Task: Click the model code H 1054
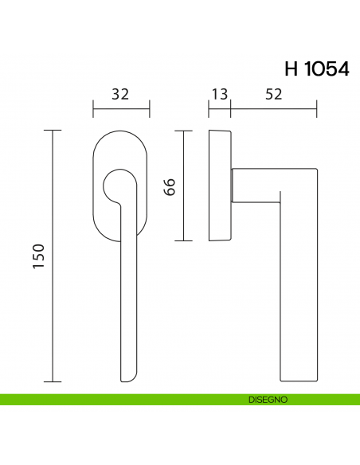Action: (x=316, y=68)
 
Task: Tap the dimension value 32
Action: (x=121, y=94)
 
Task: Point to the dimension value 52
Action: (x=273, y=94)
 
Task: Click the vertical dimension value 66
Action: (x=169, y=187)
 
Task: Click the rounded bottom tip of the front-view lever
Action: (x=127, y=377)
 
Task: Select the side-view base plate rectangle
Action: (x=220, y=185)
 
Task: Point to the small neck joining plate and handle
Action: (x=233, y=185)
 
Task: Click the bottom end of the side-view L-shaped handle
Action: (x=299, y=376)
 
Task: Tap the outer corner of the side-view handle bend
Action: (x=316, y=170)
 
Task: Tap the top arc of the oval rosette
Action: (x=121, y=130)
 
